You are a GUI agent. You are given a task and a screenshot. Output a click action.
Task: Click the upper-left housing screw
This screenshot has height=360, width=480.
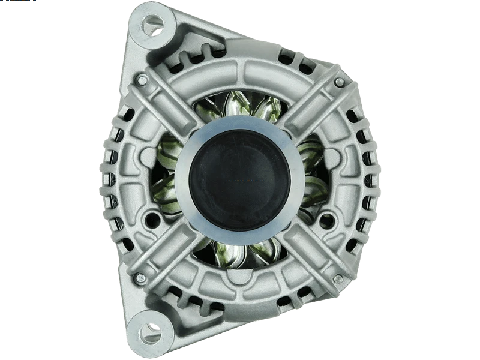pos(141,80)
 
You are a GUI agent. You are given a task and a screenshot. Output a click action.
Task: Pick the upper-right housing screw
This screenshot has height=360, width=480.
pos(339,82)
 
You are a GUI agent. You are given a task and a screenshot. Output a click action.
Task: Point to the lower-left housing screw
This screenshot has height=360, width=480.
pos(141,277)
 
